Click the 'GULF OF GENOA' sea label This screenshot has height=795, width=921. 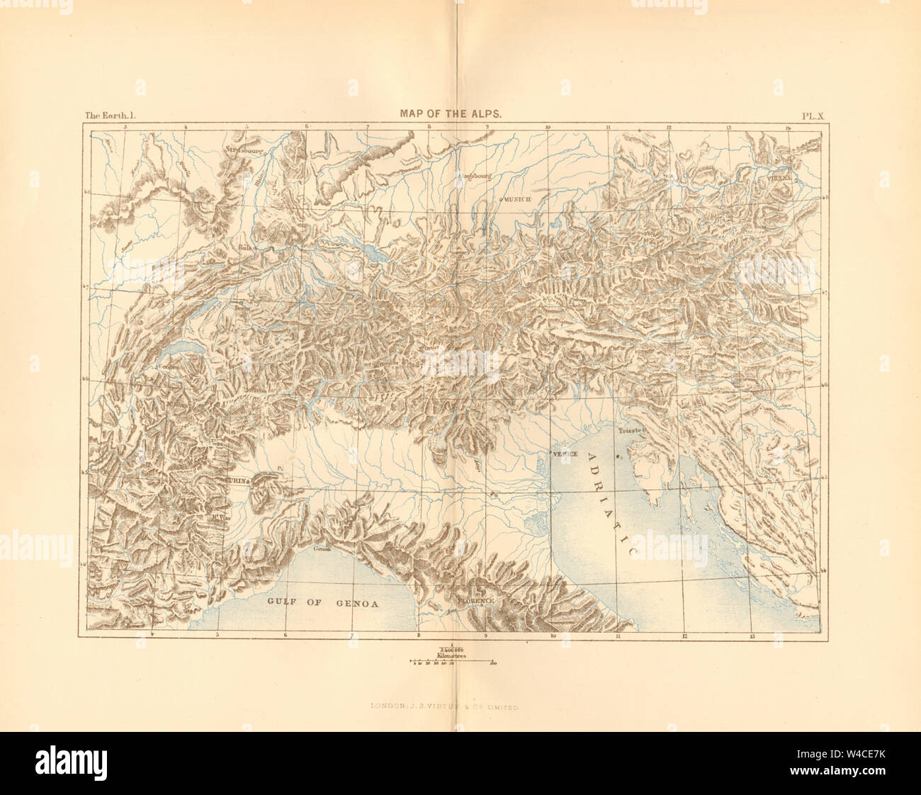[323, 603]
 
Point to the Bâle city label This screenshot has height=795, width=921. [245, 248]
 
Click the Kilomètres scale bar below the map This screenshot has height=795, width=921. [452, 661]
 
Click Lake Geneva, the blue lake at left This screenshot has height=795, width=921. [186, 347]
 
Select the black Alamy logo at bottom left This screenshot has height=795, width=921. [71, 762]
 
